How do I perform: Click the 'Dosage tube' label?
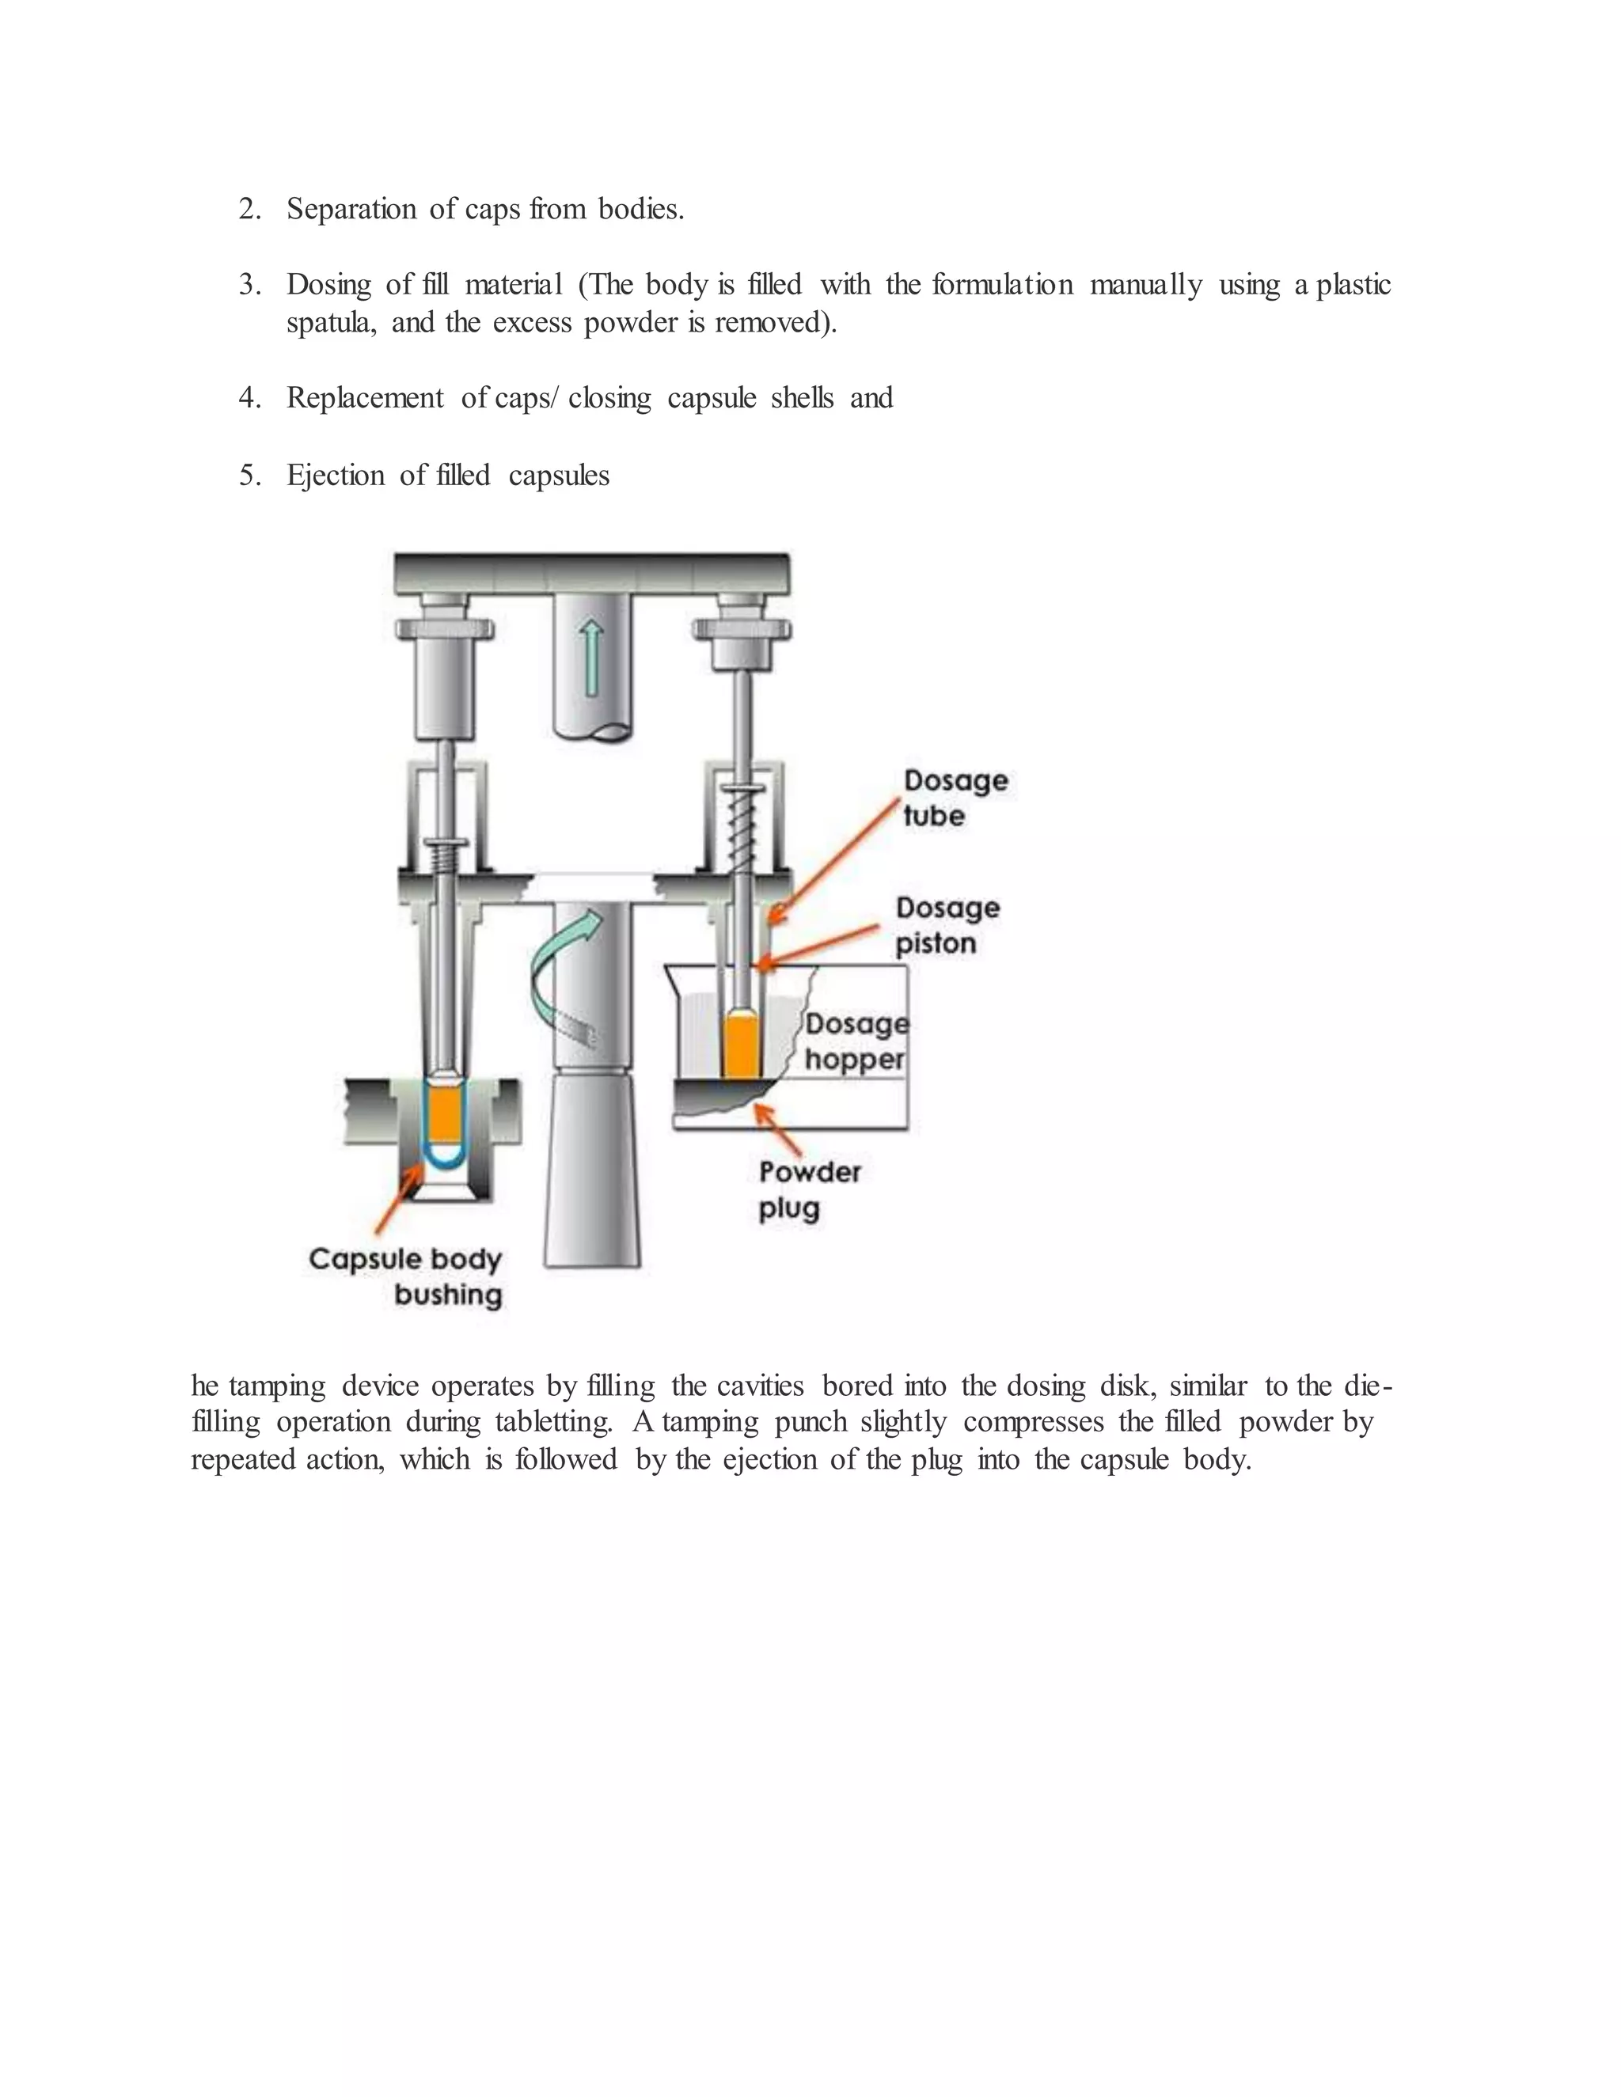pos(955,797)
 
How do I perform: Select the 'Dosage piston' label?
pos(947,926)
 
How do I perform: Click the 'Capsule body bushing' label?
pos(406,1276)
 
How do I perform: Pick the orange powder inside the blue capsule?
pos(445,1114)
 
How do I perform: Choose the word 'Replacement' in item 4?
pos(365,397)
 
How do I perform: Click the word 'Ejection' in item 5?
pos(335,476)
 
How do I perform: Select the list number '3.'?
pos(249,284)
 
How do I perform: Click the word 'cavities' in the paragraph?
pos(760,1385)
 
